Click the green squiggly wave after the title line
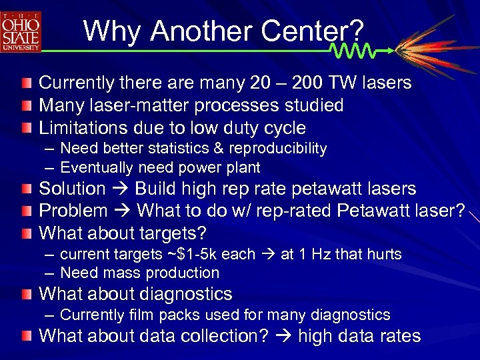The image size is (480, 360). [x=353, y=51]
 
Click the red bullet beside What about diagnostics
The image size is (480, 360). [x=25, y=294]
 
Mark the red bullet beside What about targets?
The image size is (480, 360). [x=25, y=234]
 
